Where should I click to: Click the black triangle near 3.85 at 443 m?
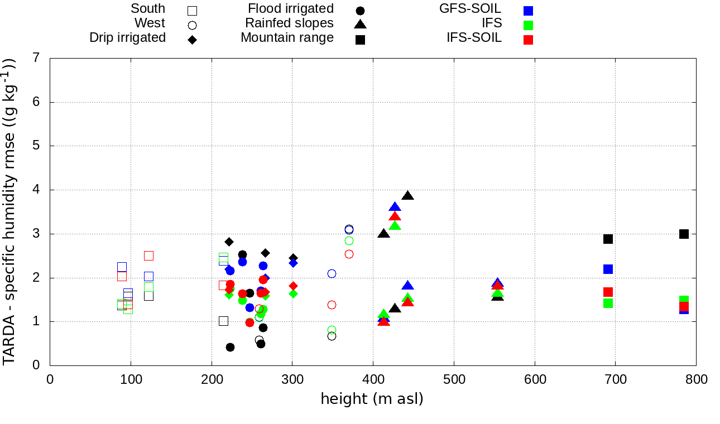click(408, 196)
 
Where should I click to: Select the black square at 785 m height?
click(684, 234)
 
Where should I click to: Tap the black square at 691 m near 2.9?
click(608, 239)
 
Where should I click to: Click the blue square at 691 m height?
click(608, 269)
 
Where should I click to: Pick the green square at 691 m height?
click(608, 303)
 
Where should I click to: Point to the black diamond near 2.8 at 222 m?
click(229, 242)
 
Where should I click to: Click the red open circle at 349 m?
click(332, 305)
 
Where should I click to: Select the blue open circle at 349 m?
click(332, 273)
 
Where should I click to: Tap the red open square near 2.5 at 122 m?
click(148, 256)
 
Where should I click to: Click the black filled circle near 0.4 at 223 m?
click(230, 347)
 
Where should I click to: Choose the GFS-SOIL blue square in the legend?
click(528, 10)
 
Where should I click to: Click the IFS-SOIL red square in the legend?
click(528, 40)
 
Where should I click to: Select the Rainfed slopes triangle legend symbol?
click(360, 24)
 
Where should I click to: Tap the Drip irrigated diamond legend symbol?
click(192, 40)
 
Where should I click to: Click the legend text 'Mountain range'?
click(287, 38)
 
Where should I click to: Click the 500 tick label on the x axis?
click(454, 380)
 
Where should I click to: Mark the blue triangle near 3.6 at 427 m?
click(395, 207)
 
